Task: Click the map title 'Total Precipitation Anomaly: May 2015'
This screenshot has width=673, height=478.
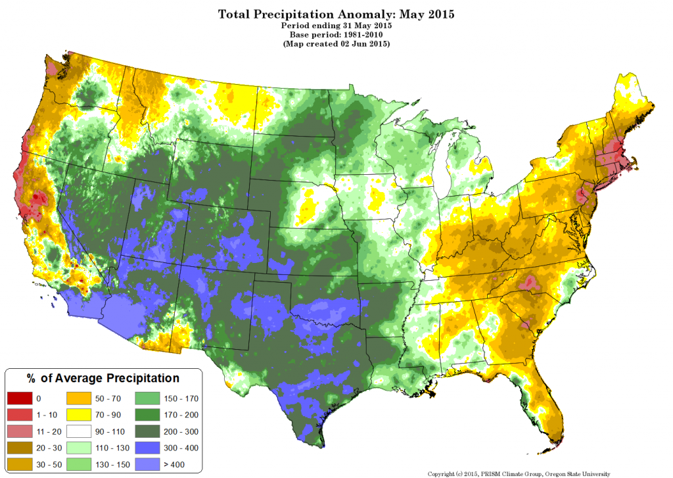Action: [336, 13]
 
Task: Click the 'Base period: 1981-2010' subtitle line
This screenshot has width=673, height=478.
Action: [336, 34]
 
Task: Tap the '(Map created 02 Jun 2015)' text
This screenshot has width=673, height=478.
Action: [336, 43]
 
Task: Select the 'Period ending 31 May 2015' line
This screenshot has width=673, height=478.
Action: [336, 24]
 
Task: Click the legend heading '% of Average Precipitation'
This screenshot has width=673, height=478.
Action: [103, 378]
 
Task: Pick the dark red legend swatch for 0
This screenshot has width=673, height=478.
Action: [18, 398]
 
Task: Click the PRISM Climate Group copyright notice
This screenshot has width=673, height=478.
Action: [519, 473]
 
